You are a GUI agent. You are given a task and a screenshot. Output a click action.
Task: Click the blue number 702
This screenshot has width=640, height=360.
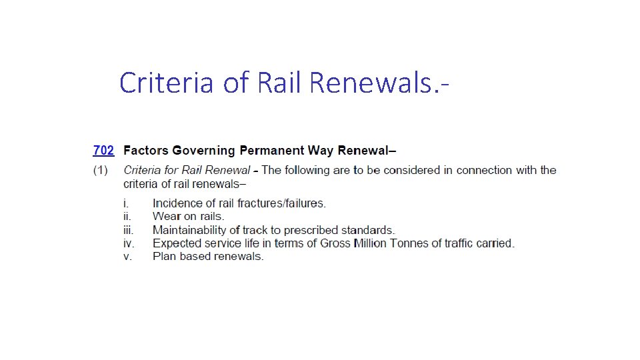coord(103,151)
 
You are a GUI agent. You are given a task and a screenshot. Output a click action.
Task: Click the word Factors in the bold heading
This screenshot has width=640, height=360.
coord(145,151)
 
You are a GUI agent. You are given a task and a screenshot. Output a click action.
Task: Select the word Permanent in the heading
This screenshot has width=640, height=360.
coord(273,151)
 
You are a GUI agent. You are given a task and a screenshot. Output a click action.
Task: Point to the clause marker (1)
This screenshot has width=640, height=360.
coord(100,171)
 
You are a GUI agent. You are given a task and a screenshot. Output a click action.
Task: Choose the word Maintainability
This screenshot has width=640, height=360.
coord(189,230)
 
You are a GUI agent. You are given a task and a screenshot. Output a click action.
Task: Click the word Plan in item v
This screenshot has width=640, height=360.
coord(164,257)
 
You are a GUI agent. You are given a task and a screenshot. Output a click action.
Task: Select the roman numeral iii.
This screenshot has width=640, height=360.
coord(128,230)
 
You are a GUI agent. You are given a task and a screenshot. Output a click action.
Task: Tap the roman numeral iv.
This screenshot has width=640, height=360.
coord(129,243)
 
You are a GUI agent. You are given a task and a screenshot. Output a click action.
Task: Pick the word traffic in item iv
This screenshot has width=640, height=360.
coord(457,243)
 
